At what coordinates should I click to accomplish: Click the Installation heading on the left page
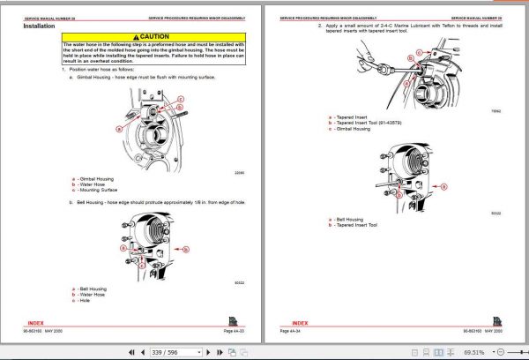pos(42,26)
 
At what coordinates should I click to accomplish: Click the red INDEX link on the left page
pos(42,322)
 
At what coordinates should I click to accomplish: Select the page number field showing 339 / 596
pos(165,351)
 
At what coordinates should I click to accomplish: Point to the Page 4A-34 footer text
pos(292,331)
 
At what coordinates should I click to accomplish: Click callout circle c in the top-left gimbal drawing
pos(181,100)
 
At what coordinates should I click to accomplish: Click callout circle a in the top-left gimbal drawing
pos(120,129)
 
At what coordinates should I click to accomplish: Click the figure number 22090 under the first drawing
pos(238,172)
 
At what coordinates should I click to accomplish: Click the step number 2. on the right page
pos(318,26)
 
